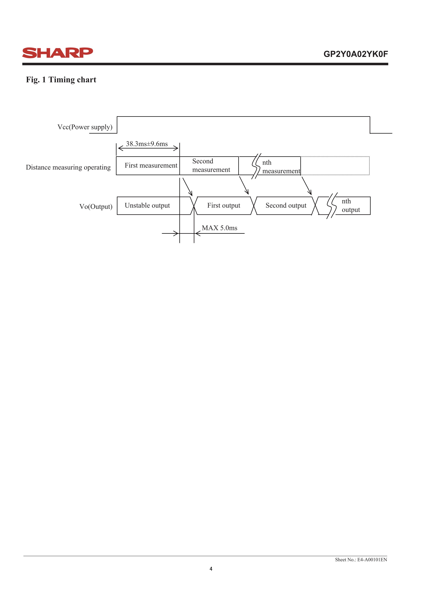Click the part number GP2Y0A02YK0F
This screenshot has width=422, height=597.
[355, 54]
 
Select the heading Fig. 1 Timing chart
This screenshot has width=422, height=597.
[61, 80]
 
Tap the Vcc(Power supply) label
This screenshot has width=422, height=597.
[85, 127]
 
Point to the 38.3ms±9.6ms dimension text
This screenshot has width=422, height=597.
[147, 144]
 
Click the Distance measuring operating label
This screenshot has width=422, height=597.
[68, 167]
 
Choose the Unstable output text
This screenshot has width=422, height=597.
[147, 205]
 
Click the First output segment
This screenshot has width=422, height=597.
[224, 205]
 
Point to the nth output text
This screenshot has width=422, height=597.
[351, 205]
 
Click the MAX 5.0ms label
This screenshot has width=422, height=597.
[220, 228]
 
